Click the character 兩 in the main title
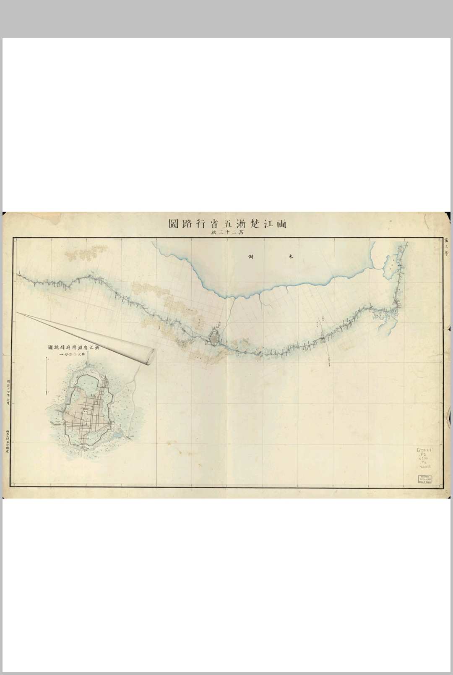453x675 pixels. (x=280, y=223)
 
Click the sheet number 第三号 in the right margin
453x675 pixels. (x=446, y=248)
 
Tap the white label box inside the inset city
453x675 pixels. (x=85, y=412)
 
